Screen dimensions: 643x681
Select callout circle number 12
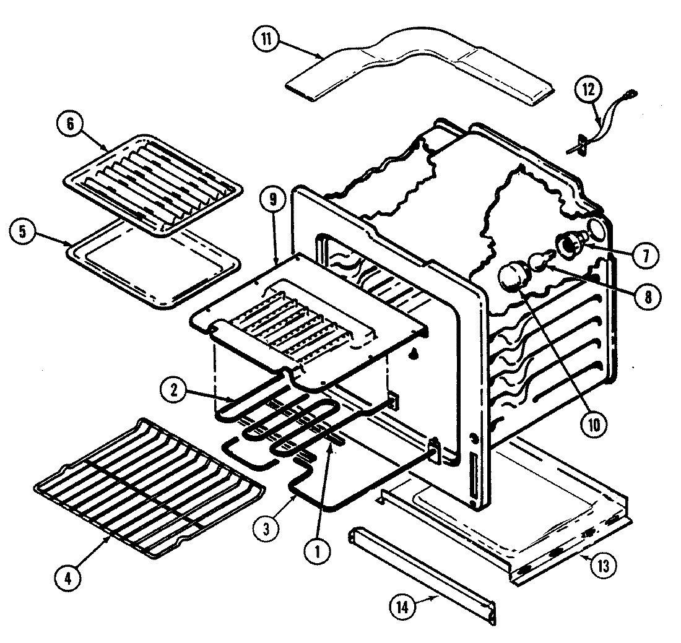[x=588, y=90]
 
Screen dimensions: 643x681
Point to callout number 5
[x=23, y=231]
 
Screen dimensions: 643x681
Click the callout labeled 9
[x=273, y=199]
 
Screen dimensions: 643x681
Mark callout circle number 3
[x=267, y=529]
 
